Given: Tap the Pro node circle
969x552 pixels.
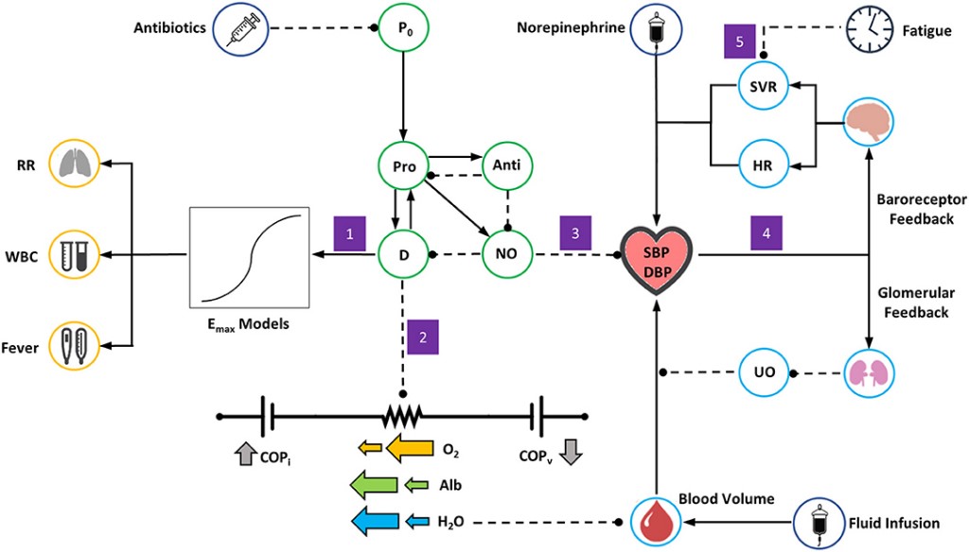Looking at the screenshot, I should [404, 166].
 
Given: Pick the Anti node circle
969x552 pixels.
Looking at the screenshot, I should [508, 166].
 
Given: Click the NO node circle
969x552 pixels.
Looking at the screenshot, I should [508, 254].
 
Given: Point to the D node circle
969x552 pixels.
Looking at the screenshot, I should [404, 254].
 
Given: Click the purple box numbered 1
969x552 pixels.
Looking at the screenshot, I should [349, 233].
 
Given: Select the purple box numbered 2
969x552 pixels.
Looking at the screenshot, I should [424, 336].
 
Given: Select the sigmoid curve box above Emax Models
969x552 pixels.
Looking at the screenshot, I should [251, 256].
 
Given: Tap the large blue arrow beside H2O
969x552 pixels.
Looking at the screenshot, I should [376, 520].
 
